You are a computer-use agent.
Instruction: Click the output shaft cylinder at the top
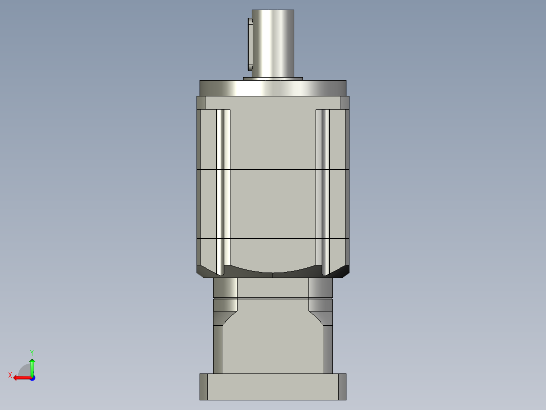[x=273, y=43]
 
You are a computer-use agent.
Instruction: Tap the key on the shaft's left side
[x=250, y=44]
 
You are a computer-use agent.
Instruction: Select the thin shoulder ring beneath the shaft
[x=273, y=79]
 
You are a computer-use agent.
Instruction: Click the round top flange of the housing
[x=273, y=88]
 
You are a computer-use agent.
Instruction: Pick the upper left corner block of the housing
[x=201, y=103]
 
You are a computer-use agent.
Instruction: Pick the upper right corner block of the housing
[x=344, y=103]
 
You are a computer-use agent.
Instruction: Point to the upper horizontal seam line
[x=273, y=169]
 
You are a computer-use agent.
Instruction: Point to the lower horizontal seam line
[x=273, y=238]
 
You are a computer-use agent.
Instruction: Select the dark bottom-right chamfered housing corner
[x=343, y=271]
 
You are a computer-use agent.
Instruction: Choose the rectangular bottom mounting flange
[x=273, y=387]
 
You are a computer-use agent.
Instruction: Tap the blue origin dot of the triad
[x=32, y=378]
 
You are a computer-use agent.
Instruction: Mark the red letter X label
[x=10, y=375]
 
